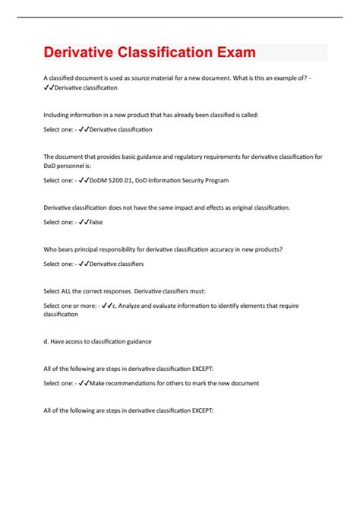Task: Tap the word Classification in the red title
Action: pos(168,53)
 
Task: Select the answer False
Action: pos(95,222)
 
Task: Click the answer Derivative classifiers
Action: pos(116,264)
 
